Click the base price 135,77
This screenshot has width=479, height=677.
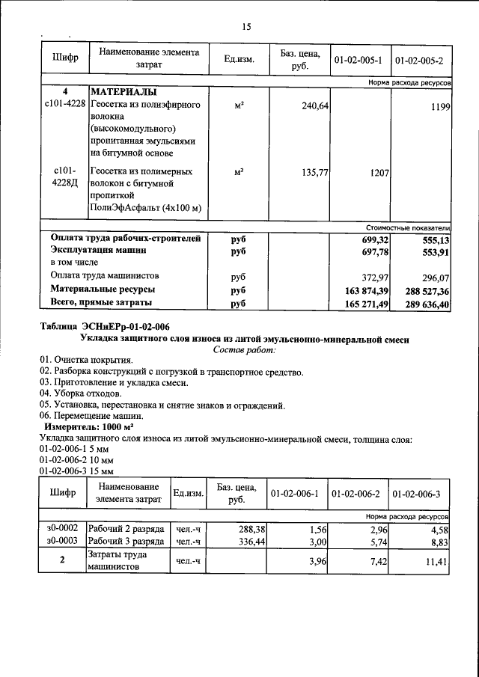(315, 172)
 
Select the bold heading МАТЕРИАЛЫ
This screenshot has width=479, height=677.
(123, 91)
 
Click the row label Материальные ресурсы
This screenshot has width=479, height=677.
(103, 289)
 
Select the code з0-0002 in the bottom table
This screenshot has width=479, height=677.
(62, 528)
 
